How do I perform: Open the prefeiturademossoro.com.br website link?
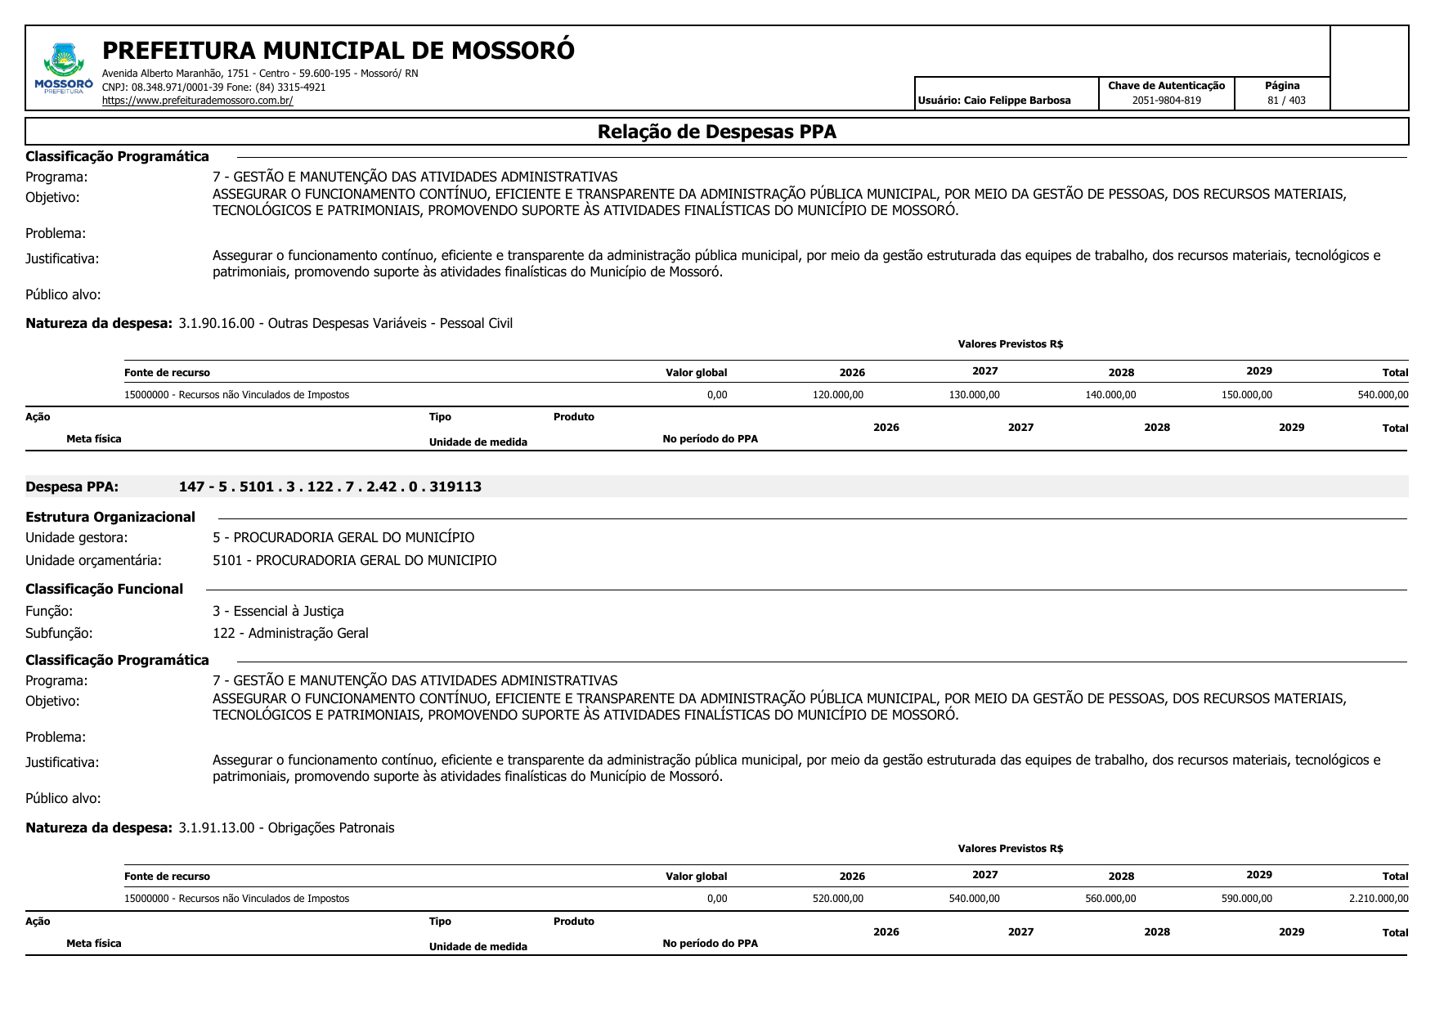(197, 101)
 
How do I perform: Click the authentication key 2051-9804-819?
(1166, 101)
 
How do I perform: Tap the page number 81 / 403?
(1286, 101)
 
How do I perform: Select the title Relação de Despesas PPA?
(716, 132)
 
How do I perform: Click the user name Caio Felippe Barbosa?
(1016, 101)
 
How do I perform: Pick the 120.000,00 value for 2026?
(837, 395)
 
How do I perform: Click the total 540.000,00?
(1383, 395)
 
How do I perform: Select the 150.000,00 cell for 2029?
(1246, 395)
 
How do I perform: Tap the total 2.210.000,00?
(1379, 899)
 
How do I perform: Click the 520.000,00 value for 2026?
(837, 899)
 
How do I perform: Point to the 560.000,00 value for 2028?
(1110, 899)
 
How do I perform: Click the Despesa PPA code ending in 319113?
(330, 487)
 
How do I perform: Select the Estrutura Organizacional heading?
(110, 517)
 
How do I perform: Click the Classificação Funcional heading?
(104, 589)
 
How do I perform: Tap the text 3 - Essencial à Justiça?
(278, 611)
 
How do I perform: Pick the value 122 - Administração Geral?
(290, 633)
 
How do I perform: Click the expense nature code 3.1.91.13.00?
(217, 828)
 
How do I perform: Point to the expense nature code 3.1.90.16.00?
(217, 323)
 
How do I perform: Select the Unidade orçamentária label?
(93, 560)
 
